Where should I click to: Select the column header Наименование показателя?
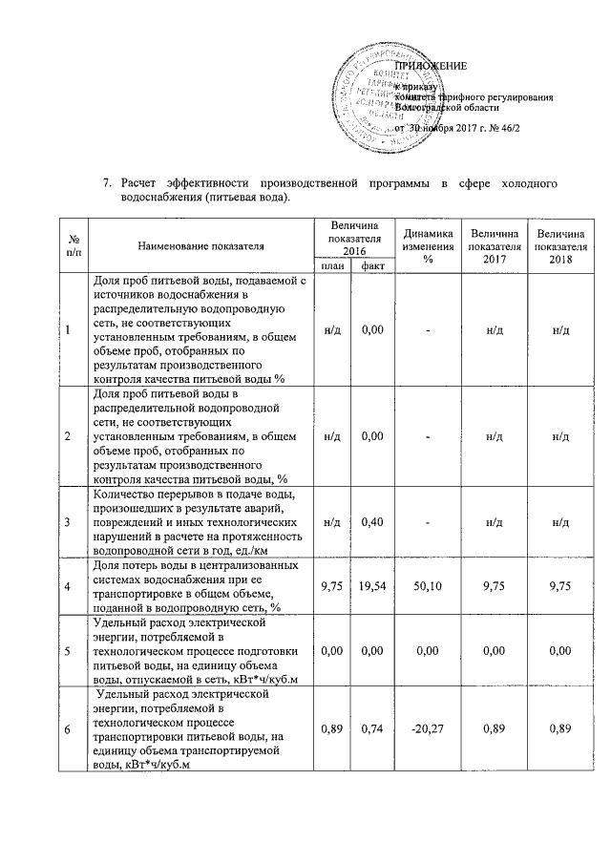[200, 245]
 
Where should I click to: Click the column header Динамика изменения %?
[429, 245]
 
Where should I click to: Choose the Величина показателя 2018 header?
[561, 245]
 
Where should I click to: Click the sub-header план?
[333, 265]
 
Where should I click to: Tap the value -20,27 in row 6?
[429, 730]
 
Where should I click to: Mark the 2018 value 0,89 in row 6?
[561, 730]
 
